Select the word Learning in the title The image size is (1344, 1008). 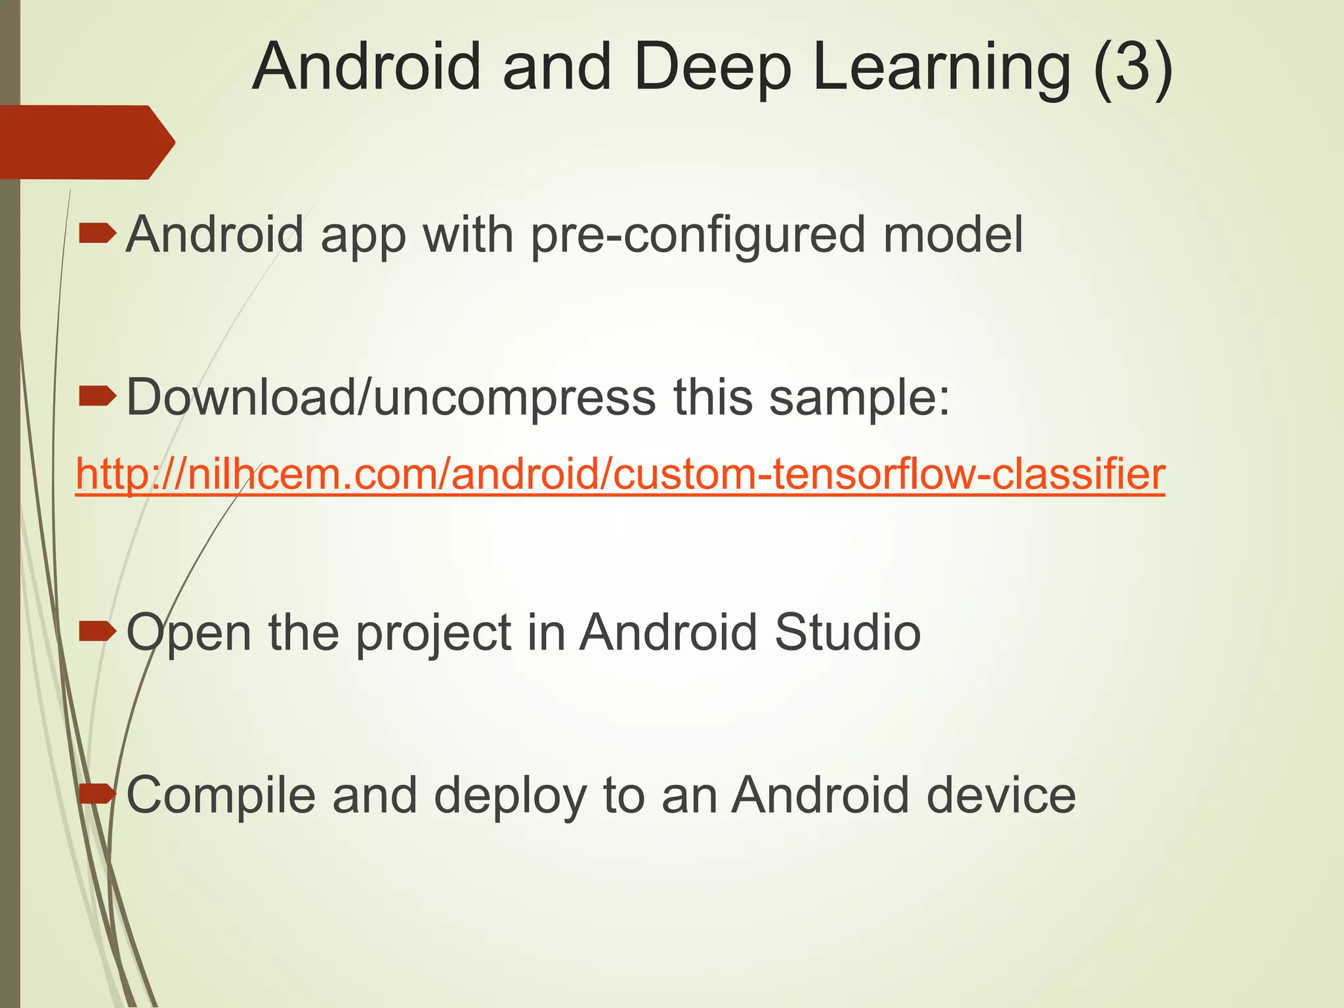click(x=942, y=68)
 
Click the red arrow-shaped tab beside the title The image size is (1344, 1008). click(x=85, y=142)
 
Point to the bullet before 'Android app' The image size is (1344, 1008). click(x=97, y=233)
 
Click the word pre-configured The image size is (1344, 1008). click(x=698, y=234)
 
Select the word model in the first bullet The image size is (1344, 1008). click(x=953, y=234)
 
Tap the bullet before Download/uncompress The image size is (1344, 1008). click(x=97, y=396)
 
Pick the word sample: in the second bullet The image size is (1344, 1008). click(x=859, y=397)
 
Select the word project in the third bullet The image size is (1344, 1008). click(x=434, y=633)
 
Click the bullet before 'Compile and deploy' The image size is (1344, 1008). click(x=97, y=794)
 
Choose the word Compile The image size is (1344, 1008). click(x=220, y=795)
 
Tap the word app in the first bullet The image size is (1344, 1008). click(x=364, y=236)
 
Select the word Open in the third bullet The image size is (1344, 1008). click(x=189, y=633)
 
